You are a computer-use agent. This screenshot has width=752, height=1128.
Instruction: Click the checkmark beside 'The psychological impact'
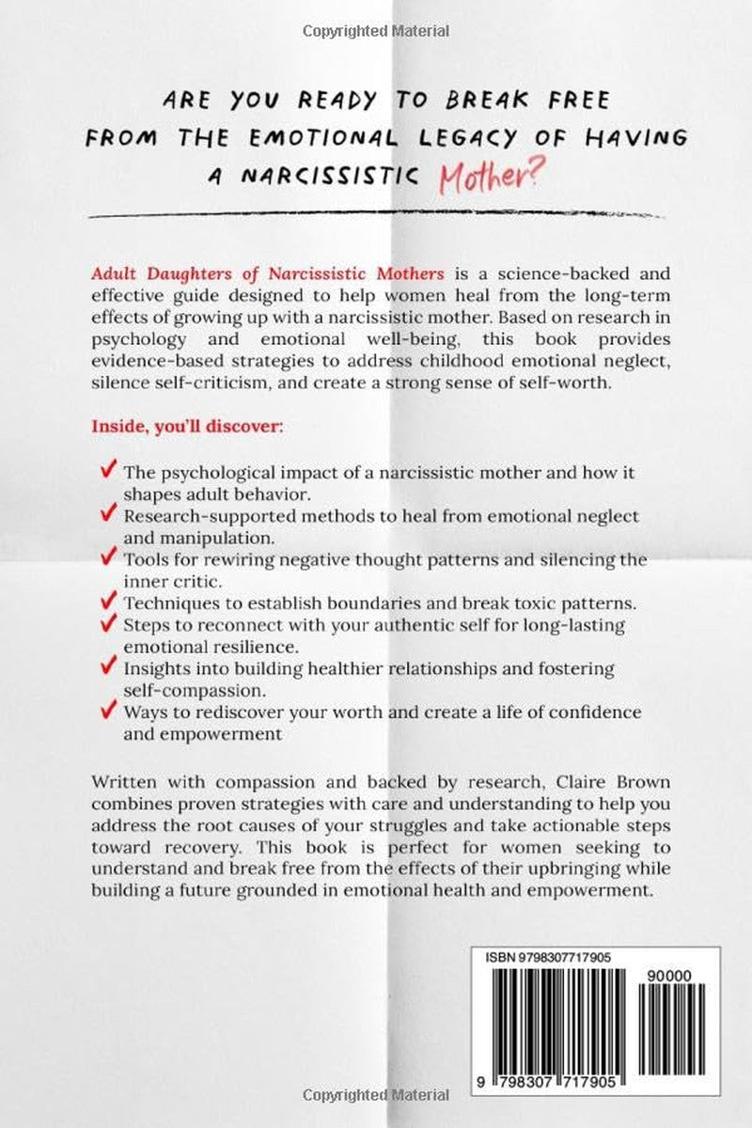106,472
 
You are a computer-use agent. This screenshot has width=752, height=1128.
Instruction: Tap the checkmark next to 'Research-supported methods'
106,515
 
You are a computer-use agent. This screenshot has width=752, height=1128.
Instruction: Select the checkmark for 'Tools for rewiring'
106,558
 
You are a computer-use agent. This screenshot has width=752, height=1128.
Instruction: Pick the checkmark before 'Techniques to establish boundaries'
106,602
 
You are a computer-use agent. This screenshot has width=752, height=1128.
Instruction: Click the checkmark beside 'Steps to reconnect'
106,624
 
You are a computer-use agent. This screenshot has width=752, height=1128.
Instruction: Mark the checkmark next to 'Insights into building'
106,667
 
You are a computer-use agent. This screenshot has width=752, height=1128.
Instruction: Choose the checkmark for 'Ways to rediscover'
106,711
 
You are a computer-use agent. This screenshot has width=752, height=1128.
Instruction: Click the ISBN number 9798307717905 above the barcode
573,957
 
